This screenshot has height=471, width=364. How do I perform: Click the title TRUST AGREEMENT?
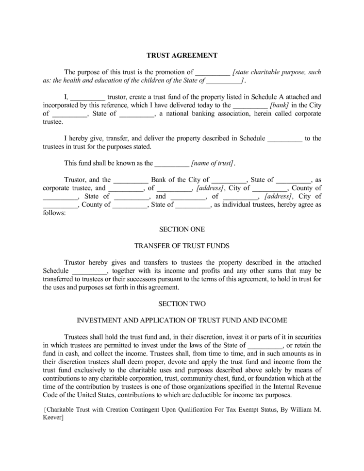(x=182, y=55)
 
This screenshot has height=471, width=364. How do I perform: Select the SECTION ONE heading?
(x=182, y=229)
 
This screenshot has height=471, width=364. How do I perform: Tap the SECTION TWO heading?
(x=182, y=303)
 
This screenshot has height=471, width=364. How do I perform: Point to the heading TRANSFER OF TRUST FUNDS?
(x=182, y=245)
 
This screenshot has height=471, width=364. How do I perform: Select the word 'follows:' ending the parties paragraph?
(x=54, y=213)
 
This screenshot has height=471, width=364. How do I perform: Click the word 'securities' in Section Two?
(x=304, y=337)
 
